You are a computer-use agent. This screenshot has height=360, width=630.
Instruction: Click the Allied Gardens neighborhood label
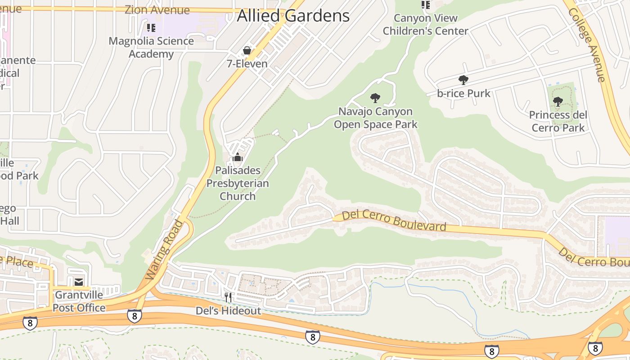(293, 16)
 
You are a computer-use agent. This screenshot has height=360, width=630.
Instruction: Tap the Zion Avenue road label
(157, 9)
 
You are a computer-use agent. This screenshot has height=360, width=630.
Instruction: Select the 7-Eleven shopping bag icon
(247, 50)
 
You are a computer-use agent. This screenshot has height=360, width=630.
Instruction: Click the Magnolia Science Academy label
(151, 47)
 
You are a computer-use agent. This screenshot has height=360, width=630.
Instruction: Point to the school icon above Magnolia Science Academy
(151, 28)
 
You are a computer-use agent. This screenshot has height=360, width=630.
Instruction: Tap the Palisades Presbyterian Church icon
(238, 157)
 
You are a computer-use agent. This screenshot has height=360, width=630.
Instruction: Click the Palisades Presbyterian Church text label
(238, 183)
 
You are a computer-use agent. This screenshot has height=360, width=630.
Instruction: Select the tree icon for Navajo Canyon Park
(375, 98)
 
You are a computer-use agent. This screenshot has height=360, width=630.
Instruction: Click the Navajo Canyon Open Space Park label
(376, 118)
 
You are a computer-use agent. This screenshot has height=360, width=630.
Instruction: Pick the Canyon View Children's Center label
(425, 25)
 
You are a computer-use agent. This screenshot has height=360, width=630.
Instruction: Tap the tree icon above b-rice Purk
(463, 80)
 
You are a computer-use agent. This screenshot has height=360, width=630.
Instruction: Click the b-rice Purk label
(463, 94)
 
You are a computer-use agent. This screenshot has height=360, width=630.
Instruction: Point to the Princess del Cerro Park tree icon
(558, 102)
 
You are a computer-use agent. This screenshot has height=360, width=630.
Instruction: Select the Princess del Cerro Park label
(558, 121)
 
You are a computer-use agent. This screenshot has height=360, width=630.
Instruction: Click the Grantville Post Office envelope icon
(79, 282)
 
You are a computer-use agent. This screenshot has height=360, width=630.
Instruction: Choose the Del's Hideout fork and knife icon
(228, 297)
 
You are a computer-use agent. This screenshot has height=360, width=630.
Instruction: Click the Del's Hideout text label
(228, 311)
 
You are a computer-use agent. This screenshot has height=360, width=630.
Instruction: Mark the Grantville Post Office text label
(79, 301)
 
